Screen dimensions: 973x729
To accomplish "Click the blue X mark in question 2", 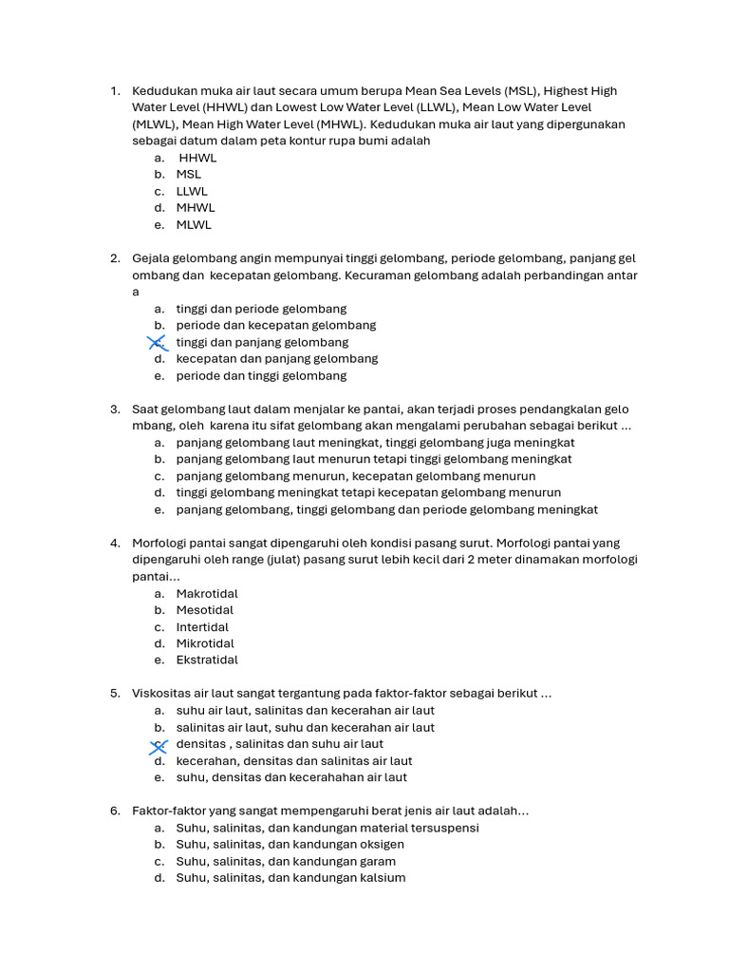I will (158, 342).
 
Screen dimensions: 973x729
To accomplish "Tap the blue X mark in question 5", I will (159, 745).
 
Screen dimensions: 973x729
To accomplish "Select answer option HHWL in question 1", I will (197, 158).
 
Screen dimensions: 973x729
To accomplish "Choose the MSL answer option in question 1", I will (188, 175).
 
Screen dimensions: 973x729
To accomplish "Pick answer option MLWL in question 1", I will (194, 225).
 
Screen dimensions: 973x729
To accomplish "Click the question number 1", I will (114, 91).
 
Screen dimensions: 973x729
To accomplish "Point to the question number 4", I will (114, 544).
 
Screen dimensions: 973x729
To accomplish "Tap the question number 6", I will (114, 811).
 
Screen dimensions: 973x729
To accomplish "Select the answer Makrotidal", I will (207, 594).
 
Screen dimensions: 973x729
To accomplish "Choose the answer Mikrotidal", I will (205, 643).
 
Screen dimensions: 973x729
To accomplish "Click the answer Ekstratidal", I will (207, 660).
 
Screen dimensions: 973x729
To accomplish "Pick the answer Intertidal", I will (202, 627).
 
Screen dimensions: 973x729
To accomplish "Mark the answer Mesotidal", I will (204, 610).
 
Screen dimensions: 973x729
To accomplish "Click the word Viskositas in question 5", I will (161, 694).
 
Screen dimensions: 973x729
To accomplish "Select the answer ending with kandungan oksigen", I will (290, 845).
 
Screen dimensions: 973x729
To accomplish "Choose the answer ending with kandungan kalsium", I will (290, 878).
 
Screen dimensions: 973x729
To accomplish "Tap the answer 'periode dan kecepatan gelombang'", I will (275, 326).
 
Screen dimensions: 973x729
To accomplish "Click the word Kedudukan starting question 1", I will (164, 91).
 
